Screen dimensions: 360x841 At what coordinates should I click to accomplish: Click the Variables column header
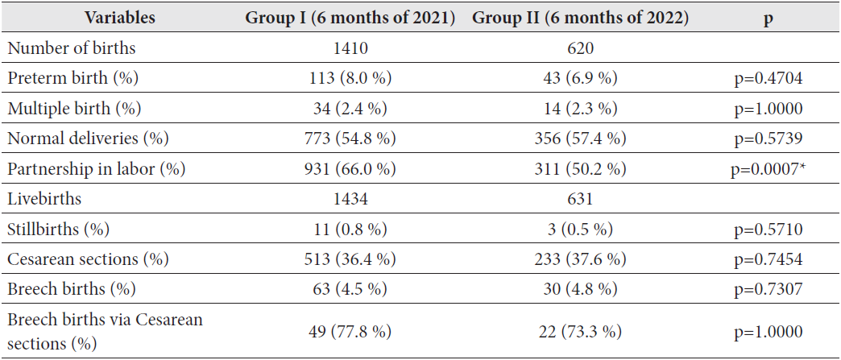click(120, 18)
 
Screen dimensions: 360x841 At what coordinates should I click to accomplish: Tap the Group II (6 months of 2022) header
click(580, 18)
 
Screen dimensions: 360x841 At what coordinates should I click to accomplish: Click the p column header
click(767, 18)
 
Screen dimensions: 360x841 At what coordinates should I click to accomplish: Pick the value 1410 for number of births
click(350, 48)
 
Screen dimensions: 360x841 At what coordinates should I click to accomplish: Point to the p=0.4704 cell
click(767, 78)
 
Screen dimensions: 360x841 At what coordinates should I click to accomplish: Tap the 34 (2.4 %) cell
click(350, 108)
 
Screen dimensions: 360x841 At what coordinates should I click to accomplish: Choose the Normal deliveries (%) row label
click(88, 139)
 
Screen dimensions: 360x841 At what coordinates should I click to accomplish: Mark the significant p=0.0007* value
click(767, 168)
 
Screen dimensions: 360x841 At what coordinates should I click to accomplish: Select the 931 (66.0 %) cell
click(350, 168)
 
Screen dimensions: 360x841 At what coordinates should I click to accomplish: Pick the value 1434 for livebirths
click(350, 199)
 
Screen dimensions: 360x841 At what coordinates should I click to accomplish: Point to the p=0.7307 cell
click(767, 289)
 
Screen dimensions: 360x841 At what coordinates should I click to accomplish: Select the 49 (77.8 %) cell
click(350, 332)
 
